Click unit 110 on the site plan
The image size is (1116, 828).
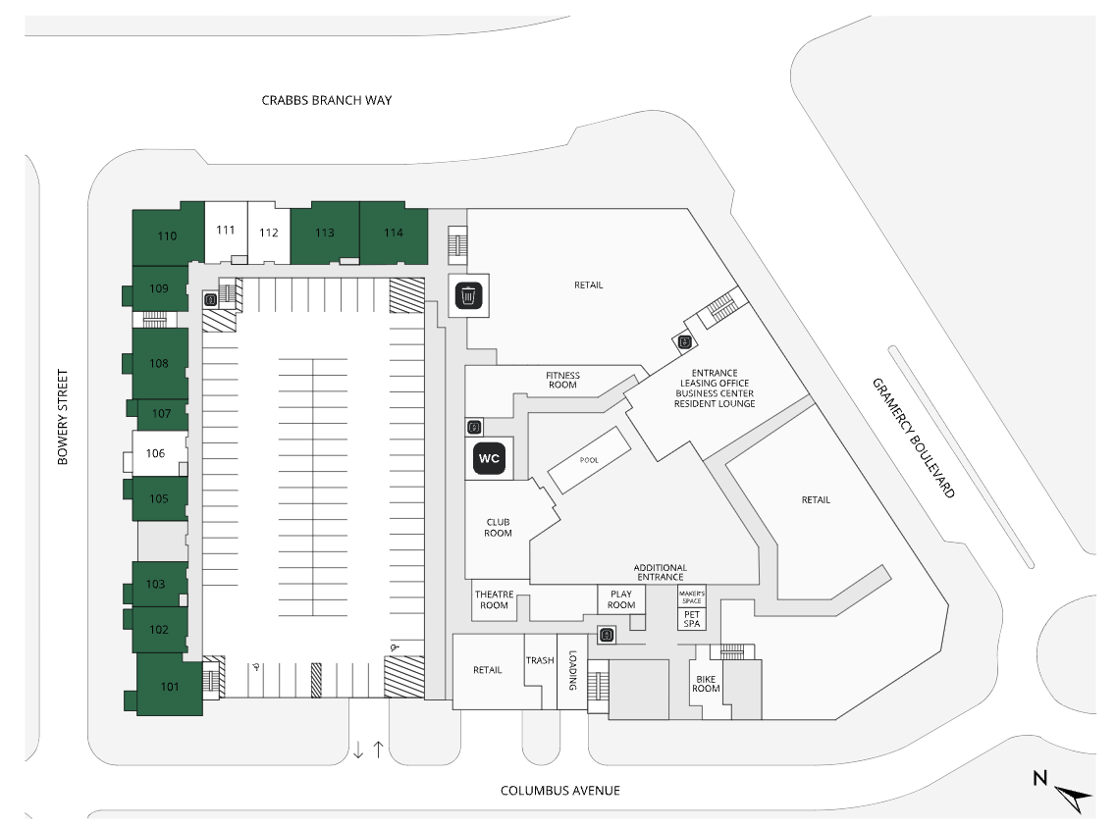(x=167, y=235)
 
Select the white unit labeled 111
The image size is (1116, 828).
(x=226, y=231)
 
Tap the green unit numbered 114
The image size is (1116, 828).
(x=394, y=233)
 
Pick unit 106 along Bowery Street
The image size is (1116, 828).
(x=155, y=453)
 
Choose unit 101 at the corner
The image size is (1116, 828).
(x=169, y=687)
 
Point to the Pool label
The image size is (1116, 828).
(x=589, y=460)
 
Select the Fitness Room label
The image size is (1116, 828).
(x=563, y=380)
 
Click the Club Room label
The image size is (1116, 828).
(x=499, y=528)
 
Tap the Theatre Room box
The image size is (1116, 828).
(x=494, y=600)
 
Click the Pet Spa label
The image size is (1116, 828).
(x=692, y=619)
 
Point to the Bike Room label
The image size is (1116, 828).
(x=707, y=683)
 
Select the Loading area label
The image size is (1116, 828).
(x=571, y=674)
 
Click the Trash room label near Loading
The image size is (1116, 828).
(x=540, y=660)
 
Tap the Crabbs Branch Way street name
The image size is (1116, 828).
(x=327, y=100)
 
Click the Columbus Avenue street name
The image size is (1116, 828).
(x=560, y=791)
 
